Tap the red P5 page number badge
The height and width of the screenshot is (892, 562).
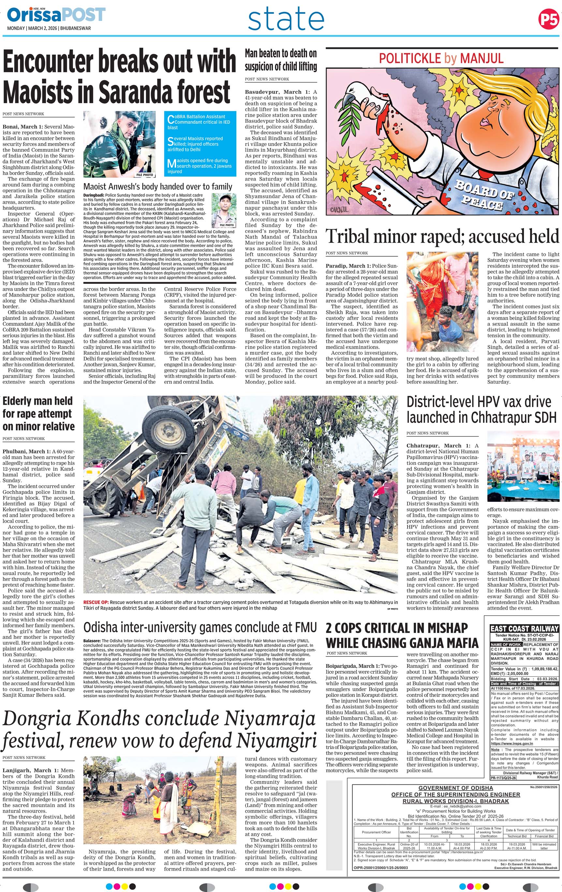point(548,18)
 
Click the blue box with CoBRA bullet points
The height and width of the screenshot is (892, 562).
point(200,144)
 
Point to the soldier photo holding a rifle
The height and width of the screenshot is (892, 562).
point(119,144)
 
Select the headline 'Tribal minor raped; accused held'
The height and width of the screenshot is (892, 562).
point(442,236)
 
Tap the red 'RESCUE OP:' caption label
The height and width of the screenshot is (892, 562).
point(96,602)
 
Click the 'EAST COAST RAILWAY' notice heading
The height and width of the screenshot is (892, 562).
point(524,629)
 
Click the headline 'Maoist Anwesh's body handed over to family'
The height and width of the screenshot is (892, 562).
point(158,187)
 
